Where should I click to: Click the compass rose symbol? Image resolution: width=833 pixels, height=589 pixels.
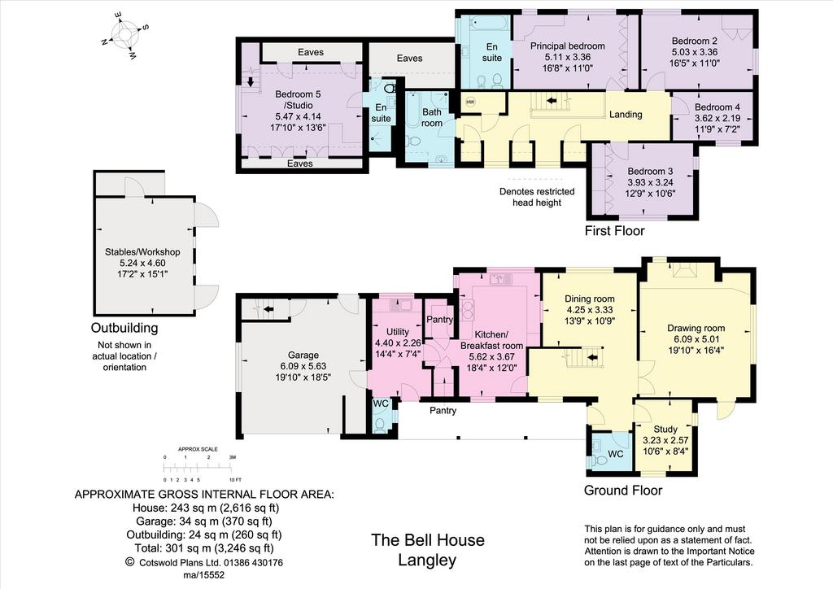pyautogui.click(x=126, y=35)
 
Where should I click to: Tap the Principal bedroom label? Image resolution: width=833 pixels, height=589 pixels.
pyautogui.click(x=567, y=46)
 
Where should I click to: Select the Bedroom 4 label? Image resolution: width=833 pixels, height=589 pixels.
pyautogui.click(x=717, y=107)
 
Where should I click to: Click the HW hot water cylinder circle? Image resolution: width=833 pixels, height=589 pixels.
pyautogui.click(x=470, y=102)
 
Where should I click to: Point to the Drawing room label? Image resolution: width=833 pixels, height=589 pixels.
pyautogui.click(x=696, y=328)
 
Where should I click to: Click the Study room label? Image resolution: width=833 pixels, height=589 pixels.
pyautogui.click(x=665, y=429)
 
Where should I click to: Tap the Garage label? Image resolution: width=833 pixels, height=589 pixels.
pyautogui.click(x=303, y=355)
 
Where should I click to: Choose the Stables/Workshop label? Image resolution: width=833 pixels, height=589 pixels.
pyautogui.click(x=142, y=252)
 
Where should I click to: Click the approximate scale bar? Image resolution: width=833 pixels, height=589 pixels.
pyautogui.click(x=198, y=467)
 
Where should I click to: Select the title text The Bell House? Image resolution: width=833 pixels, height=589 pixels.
pyautogui.click(x=428, y=540)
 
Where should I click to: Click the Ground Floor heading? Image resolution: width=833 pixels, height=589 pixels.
pyautogui.click(x=623, y=491)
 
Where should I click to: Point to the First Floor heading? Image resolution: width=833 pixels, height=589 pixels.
pyautogui.click(x=615, y=231)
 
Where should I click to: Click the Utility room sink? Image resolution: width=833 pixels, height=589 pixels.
pyautogui.click(x=400, y=305)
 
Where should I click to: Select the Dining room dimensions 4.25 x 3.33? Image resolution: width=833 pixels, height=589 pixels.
pyautogui.click(x=590, y=310)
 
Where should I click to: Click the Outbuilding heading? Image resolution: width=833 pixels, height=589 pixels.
pyautogui.click(x=124, y=328)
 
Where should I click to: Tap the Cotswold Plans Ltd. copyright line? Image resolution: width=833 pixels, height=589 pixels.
pyautogui.click(x=204, y=562)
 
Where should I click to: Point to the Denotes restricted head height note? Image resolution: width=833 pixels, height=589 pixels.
pyautogui.click(x=537, y=197)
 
